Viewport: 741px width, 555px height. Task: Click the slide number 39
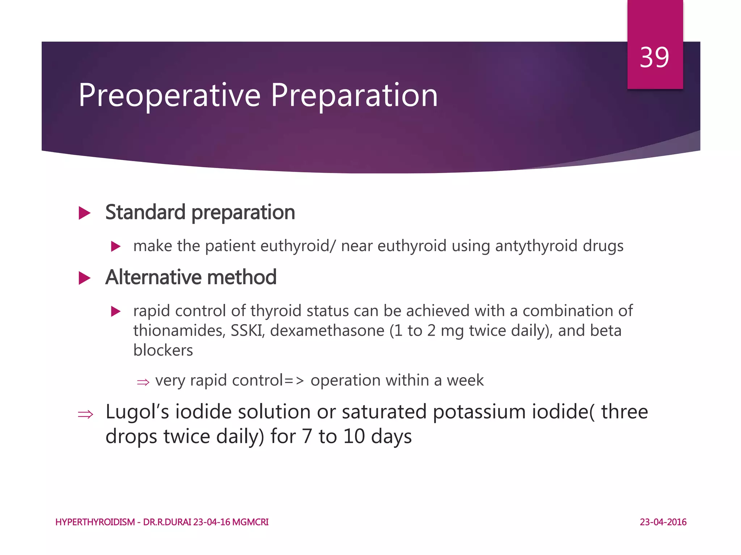(654, 57)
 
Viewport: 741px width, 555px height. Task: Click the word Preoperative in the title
(169, 95)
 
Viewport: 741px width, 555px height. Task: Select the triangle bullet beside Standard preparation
(84, 213)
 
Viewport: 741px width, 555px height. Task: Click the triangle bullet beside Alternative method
(84, 278)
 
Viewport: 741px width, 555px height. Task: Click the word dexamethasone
(327, 331)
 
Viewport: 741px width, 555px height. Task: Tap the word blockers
(163, 350)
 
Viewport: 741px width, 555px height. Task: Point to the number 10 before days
(354, 436)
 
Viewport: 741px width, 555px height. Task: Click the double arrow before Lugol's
(85, 414)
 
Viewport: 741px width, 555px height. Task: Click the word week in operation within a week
(465, 380)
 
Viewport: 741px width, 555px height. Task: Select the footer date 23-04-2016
(663, 522)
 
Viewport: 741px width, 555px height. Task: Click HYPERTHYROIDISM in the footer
(95, 522)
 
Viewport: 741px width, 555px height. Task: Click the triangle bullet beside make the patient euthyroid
(115, 247)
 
